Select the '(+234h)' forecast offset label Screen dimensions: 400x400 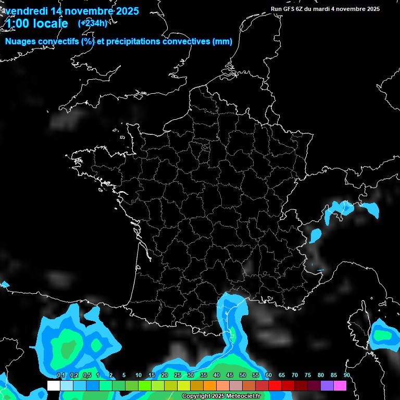pos(93,23)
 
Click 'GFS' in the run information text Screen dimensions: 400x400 pos(292,9)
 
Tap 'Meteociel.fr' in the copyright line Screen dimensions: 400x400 pos(243,396)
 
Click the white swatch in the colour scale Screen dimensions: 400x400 pos(54,385)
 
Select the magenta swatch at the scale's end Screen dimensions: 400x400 pos(340,385)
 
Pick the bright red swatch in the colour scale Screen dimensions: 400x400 pos(275,385)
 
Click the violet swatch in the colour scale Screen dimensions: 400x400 pos(327,385)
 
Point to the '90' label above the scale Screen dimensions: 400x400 pos(347,376)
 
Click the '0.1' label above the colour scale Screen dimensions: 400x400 pos(61,376)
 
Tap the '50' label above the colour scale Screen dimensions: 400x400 pos(243,376)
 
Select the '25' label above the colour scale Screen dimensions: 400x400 pos(178,376)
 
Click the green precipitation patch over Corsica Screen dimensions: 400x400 pos(384,335)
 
